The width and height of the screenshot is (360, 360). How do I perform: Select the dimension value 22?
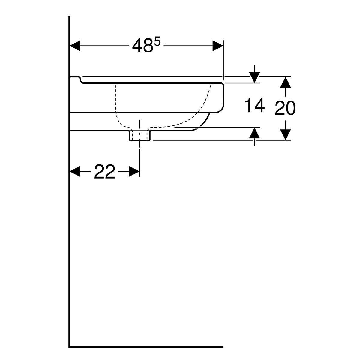(105, 172)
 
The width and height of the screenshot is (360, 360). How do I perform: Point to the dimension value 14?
(255, 106)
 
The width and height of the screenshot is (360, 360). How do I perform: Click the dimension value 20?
(285, 108)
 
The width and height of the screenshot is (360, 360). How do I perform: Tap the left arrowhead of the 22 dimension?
(75, 172)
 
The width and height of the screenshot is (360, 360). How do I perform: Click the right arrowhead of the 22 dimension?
(134, 172)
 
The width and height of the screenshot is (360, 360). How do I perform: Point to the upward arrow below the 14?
(254, 133)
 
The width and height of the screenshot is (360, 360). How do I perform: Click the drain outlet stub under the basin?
(140, 135)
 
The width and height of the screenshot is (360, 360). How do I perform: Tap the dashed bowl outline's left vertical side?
(115, 99)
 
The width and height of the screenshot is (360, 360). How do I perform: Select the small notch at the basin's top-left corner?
(80, 80)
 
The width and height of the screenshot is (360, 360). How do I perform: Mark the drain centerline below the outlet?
(140, 153)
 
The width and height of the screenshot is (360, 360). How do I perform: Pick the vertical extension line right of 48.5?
(223, 60)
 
